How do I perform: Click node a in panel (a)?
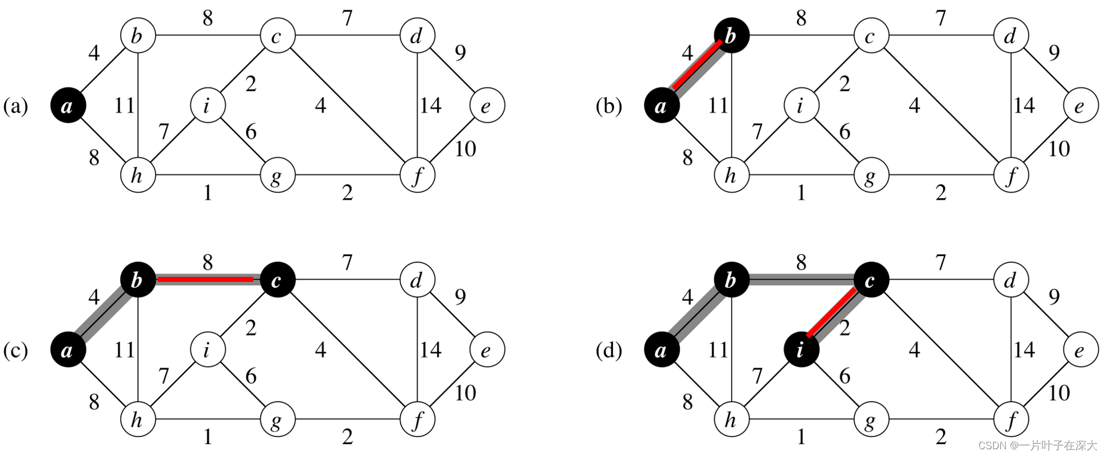[68, 106]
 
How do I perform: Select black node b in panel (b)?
[731, 37]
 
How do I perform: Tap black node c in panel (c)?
[277, 280]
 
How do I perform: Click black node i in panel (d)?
[800, 350]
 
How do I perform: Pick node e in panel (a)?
[487, 106]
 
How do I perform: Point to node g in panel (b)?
[871, 176]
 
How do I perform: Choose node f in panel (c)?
[417, 419]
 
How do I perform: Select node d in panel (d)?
[1010, 280]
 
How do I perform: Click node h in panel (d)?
[731, 419]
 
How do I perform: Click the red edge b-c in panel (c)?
[206, 279]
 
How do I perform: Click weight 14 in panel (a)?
[430, 106]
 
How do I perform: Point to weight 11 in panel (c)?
[125, 350]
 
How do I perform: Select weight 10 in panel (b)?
[1059, 149]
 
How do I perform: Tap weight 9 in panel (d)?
[1054, 297]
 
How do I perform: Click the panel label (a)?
[16, 106]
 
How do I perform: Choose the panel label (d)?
[609, 350]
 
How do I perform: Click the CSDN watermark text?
[1037, 445]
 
